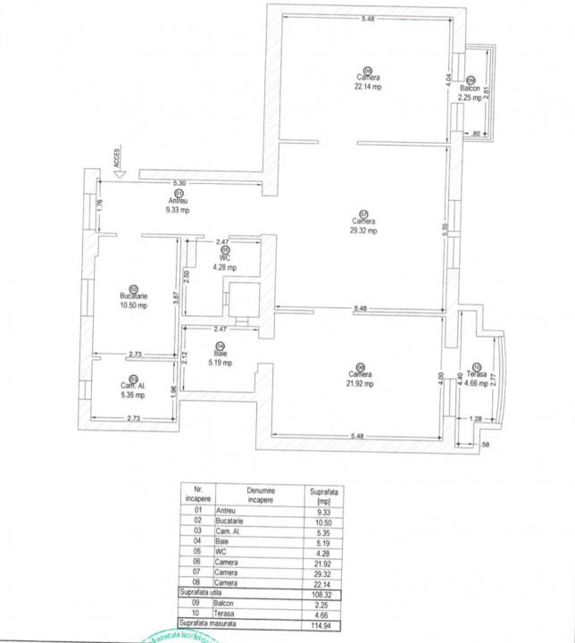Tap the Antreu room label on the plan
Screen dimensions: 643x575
pos(178,201)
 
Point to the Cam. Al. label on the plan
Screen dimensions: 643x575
pos(133,386)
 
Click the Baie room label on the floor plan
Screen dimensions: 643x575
pos(221,355)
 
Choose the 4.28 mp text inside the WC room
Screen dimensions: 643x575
pos(225,267)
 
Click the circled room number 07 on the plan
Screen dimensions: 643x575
pos(363,213)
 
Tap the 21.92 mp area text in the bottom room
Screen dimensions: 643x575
pos(359,383)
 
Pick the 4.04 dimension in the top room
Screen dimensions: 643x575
pos(448,79)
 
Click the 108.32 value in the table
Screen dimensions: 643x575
pos(319,591)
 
